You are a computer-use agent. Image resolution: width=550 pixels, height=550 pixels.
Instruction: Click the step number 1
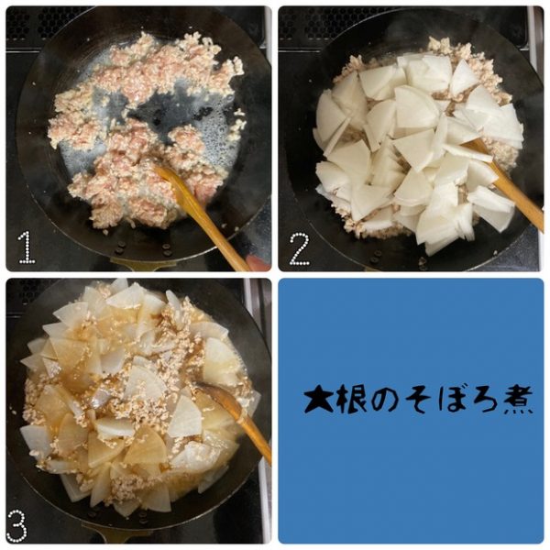coord(27,247)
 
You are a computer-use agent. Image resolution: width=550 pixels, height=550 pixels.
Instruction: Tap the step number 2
coord(299,248)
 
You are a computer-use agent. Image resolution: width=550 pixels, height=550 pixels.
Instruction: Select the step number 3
coord(16,525)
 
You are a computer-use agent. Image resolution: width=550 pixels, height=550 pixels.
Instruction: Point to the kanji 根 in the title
coord(349,401)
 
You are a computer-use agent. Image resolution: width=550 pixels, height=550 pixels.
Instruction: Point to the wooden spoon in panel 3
coord(237,420)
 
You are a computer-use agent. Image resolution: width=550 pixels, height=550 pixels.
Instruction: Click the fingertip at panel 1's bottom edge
coord(258,263)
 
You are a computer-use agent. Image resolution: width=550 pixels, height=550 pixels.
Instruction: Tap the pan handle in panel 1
coord(136,265)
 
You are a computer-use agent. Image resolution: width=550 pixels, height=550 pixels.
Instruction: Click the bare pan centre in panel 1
coord(158,112)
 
